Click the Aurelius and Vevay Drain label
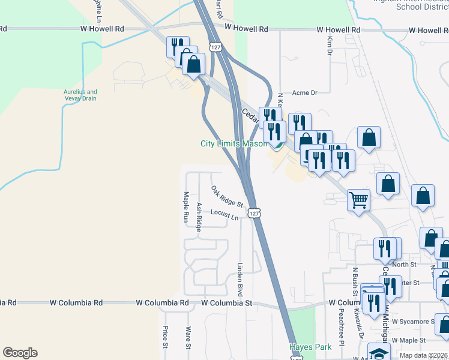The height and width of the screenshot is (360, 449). click(x=80, y=95)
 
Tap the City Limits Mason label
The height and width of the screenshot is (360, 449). click(x=234, y=143)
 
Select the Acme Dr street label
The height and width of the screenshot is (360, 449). click(x=304, y=93)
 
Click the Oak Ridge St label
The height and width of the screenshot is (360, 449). click(x=227, y=197)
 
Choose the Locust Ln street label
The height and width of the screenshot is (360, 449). click(x=224, y=214)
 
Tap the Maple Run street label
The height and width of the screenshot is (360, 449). click(x=186, y=207)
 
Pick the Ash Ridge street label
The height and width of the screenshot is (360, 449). click(x=199, y=215)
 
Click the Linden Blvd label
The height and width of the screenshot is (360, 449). click(x=240, y=279)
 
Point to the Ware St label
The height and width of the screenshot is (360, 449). click(x=188, y=337)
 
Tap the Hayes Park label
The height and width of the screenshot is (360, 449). click(x=310, y=347)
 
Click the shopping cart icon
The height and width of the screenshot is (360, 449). click(x=358, y=200)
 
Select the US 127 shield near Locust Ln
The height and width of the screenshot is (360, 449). click(x=255, y=213)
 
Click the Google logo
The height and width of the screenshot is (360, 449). click(x=20, y=353)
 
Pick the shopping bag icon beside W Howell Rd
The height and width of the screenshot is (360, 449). click(x=194, y=64)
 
